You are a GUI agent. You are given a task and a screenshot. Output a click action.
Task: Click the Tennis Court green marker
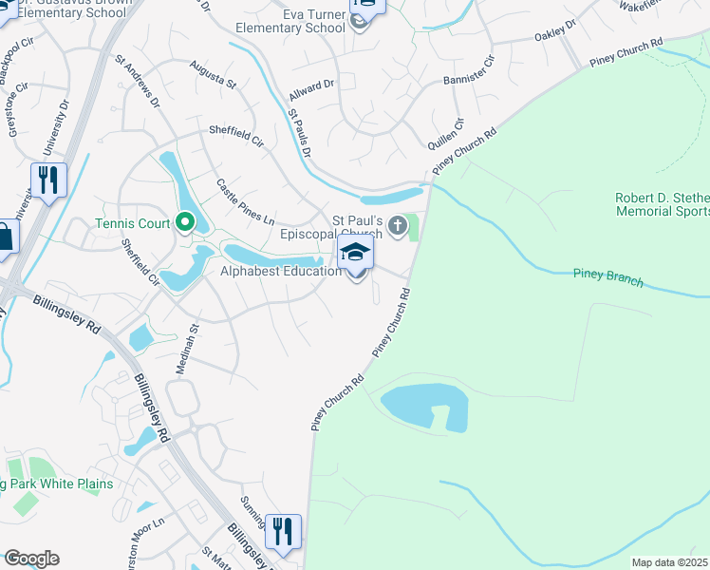point(185,224)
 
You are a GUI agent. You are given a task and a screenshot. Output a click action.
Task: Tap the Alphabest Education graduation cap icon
point(356,253)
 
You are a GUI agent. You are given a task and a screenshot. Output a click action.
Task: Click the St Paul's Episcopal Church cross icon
point(398,226)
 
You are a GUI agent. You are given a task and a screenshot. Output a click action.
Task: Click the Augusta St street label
point(213,72)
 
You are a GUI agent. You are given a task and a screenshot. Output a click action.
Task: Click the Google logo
point(31,559)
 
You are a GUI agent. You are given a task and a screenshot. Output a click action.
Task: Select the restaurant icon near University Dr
point(47,180)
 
